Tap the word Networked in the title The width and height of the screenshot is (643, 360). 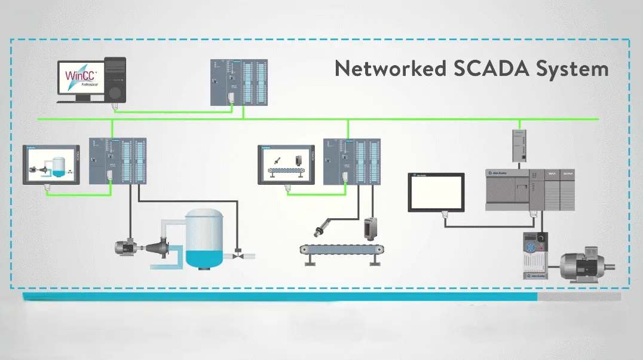(390, 68)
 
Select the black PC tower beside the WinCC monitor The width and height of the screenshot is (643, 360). (115, 79)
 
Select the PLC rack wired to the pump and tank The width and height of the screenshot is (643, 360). (117, 161)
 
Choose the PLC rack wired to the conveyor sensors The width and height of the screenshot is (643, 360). (351, 161)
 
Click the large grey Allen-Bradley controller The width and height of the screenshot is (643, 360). (529, 189)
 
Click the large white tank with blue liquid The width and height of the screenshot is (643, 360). (204, 239)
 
